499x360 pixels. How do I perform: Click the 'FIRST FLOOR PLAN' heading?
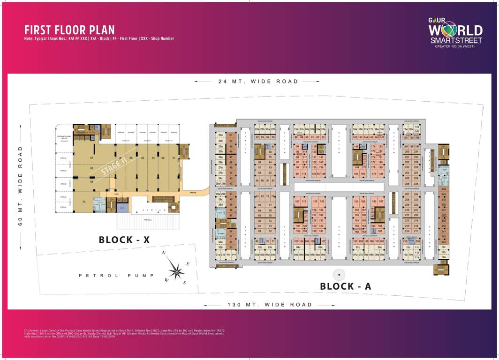tap(69, 30)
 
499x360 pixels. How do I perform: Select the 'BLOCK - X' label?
tap(124, 240)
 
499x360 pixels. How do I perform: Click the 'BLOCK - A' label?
tap(345, 286)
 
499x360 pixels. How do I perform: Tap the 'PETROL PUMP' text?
tap(116, 276)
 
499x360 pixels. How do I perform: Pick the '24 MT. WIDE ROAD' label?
tap(258, 82)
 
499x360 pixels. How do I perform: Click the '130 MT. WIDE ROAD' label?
tap(271, 305)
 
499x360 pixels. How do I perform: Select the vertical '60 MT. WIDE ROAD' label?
tap(20, 186)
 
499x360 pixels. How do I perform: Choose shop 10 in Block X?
tap(83, 202)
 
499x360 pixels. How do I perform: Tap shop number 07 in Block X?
tap(92, 157)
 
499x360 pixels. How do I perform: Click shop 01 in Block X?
tap(173, 158)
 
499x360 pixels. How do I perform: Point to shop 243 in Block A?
tap(443, 242)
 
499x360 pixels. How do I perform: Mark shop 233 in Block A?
tap(443, 189)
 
